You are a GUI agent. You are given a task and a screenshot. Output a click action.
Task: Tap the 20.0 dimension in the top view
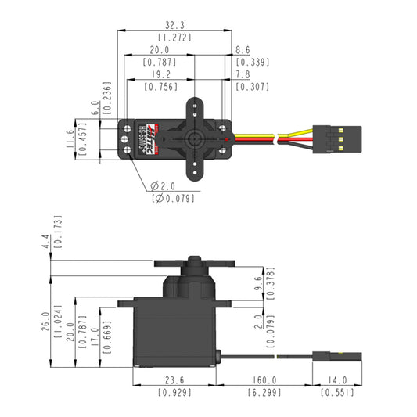160,49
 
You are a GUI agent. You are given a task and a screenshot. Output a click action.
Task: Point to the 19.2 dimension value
160,75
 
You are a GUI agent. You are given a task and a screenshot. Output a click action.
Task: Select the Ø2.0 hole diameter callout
165,186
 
